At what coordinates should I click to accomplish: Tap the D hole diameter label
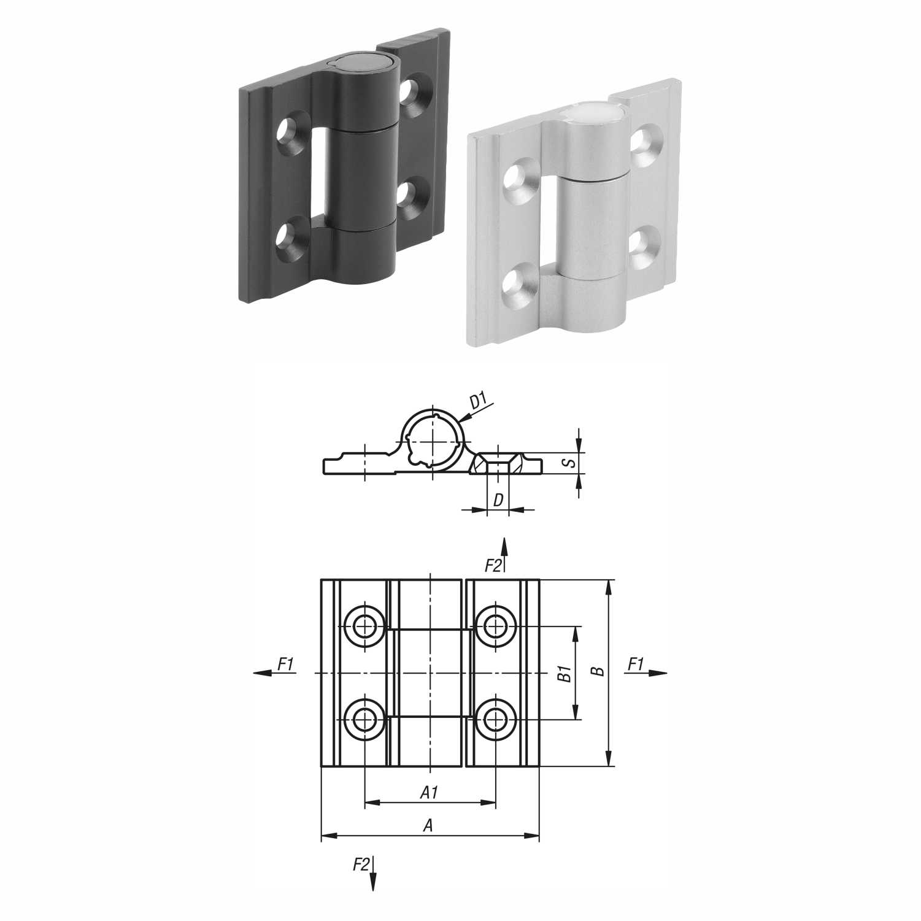tap(498, 500)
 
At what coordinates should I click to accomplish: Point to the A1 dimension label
tap(429, 793)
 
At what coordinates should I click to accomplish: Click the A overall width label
tap(428, 826)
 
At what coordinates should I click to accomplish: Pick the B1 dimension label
tap(565, 674)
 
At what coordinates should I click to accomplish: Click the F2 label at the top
tap(493, 565)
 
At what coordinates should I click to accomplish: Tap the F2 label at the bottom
tap(361, 865)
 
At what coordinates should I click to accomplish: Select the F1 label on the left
tap(286, 664)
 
